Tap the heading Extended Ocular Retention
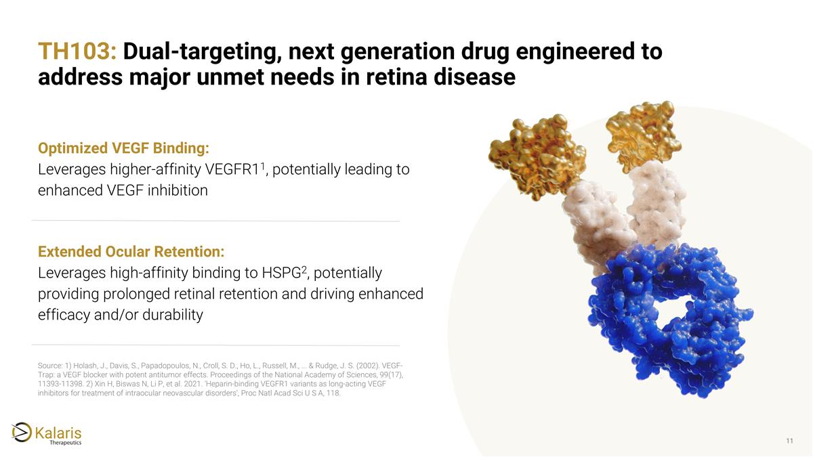pos(131,252)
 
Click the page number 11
pos(789,441)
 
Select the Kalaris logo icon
pos(21,431)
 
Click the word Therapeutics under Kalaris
pos(66,443)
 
